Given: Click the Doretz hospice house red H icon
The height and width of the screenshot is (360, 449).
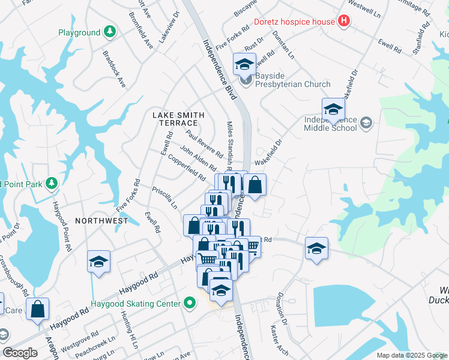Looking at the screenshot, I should click(x=343, y=22).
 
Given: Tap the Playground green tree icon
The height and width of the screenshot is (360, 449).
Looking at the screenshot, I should click(x=109, y=32).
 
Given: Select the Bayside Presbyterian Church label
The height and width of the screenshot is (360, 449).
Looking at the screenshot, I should click(x=285, y=80).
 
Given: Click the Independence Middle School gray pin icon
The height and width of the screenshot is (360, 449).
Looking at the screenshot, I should click(x=366, y=123).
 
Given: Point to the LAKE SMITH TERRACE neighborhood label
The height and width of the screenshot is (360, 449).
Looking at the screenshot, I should click(x=178, y=119).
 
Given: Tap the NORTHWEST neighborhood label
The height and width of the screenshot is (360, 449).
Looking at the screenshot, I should click(x=101, y=221).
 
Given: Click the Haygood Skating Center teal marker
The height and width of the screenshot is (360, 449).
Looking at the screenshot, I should click(x=190, y=303).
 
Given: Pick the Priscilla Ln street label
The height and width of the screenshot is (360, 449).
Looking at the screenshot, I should click(x=165, y=197).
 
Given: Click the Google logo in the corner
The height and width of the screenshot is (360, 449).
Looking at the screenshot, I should click(x=20, y=353).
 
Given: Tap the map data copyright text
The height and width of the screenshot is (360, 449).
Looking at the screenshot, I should click(x=411, y=355).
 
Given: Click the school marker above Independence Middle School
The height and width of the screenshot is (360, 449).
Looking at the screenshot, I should click(x=333, y=110).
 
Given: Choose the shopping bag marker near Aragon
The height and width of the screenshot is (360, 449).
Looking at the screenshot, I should click(x=37, y=310).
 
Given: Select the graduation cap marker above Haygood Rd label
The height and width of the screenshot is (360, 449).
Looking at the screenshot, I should click(x=98, y=262).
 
